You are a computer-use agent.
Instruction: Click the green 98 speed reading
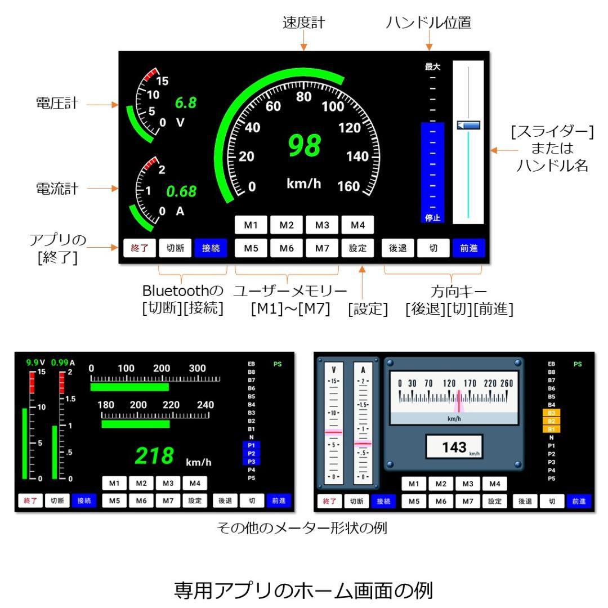click(x=304, y=145)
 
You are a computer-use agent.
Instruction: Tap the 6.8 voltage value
click(x=185, y=103)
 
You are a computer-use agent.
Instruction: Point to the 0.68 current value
click(x=181, y=191)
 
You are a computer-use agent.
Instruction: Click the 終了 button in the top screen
click(x=139, y=248)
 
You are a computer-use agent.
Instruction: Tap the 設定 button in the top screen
click(x=357, y=248)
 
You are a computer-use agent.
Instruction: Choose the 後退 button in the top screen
click(x=398, y=248)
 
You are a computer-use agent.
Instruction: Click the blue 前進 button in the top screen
click(x=468, y=248)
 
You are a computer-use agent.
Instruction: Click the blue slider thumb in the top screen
click(x=468, y=125)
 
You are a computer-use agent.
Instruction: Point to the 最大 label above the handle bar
click(x=432, y=66)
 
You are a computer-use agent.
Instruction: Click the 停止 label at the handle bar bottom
click(x=432, y=218)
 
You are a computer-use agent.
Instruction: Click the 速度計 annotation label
click(x=304, y=23)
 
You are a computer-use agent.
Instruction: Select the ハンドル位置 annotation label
click(x=429, y=23)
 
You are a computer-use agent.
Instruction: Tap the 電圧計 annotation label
click(x=57, y=104)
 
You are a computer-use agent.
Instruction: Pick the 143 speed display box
click(x=454, y=448)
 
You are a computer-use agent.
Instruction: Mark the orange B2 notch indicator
click(x=551, y=421)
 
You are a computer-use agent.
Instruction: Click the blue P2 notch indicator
click(x=251, y=453)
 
